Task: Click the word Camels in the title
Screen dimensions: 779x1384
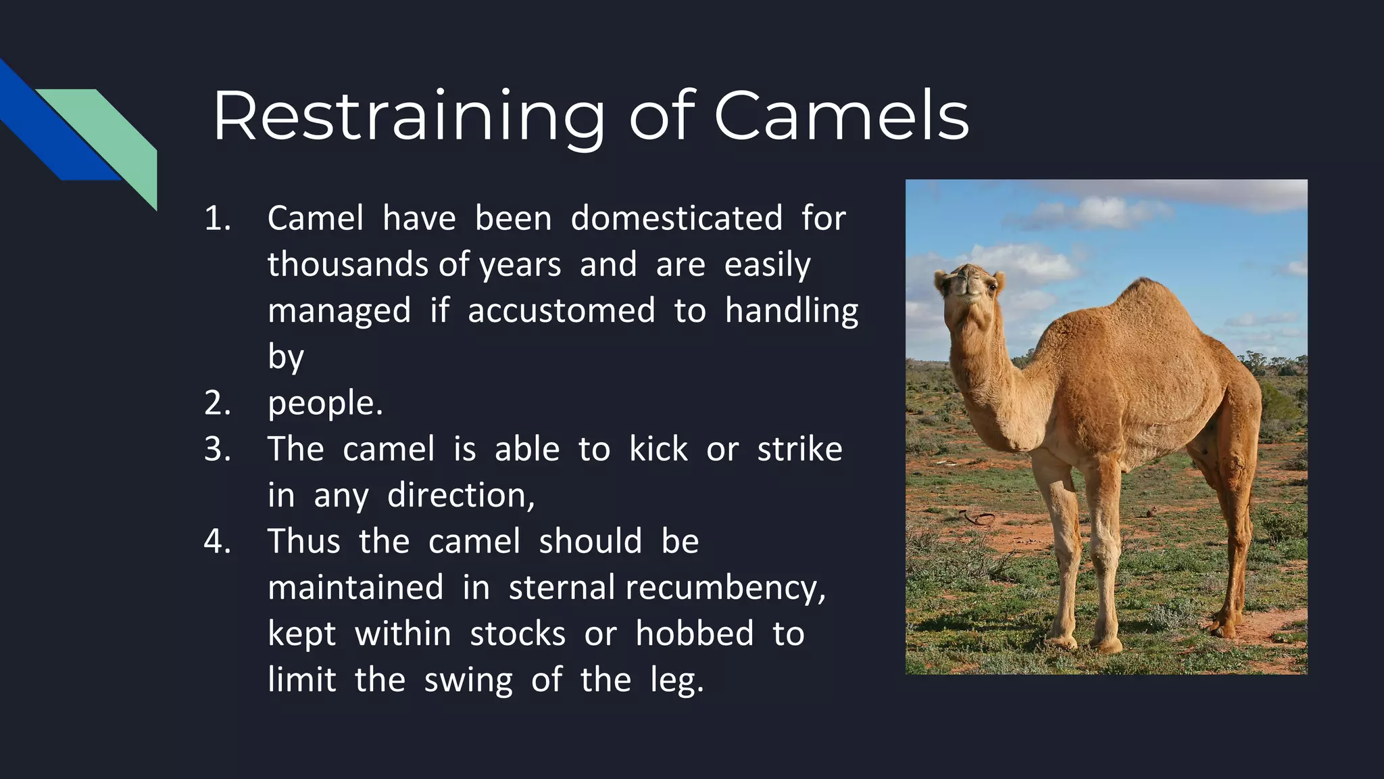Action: click(841, 116)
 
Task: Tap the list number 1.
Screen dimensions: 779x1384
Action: click(218, 218)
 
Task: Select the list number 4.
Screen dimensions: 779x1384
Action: click(218, 542)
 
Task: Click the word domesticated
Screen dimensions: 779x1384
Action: click(676, 218)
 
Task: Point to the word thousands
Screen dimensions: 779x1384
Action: click(350, 264)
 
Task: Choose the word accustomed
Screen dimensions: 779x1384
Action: click(561, 310)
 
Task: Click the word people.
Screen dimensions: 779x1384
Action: click(325, 404)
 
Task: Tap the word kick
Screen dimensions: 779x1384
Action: click(658, 449)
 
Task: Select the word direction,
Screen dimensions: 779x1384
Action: click(461, 496)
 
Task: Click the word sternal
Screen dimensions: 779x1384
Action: click(562, 587)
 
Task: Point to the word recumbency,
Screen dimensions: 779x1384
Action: click(725, 587)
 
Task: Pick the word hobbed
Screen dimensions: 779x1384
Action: click(694, 634)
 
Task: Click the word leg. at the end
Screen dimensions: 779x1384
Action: click(676, 680)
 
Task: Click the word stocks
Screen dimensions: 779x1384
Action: click(518, 634)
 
